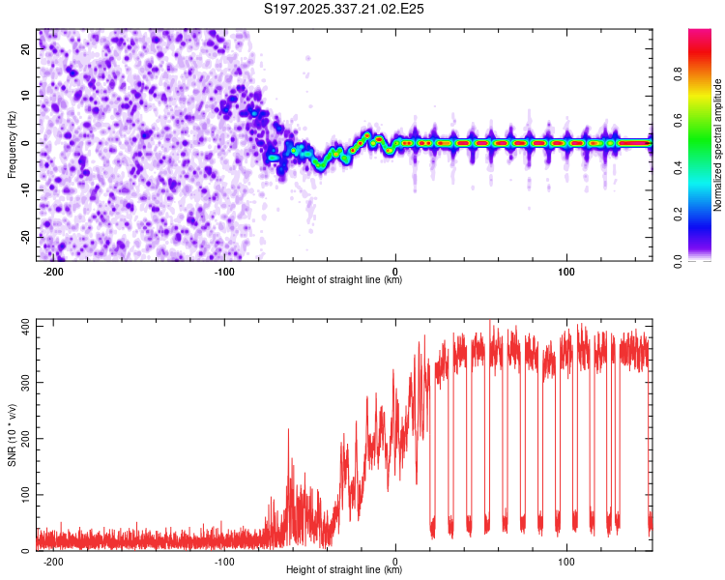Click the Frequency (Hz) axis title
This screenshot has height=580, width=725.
[12, 143]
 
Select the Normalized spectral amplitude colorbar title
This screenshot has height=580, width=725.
[718, 145]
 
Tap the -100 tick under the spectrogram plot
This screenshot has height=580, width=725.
[224, 272]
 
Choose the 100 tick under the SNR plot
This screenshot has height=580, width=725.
[566, 562]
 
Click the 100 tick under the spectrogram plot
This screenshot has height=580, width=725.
[566, 272]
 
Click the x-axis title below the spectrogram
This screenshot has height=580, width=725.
[344, 280]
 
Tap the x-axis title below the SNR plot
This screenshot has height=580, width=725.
[344, 570]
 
